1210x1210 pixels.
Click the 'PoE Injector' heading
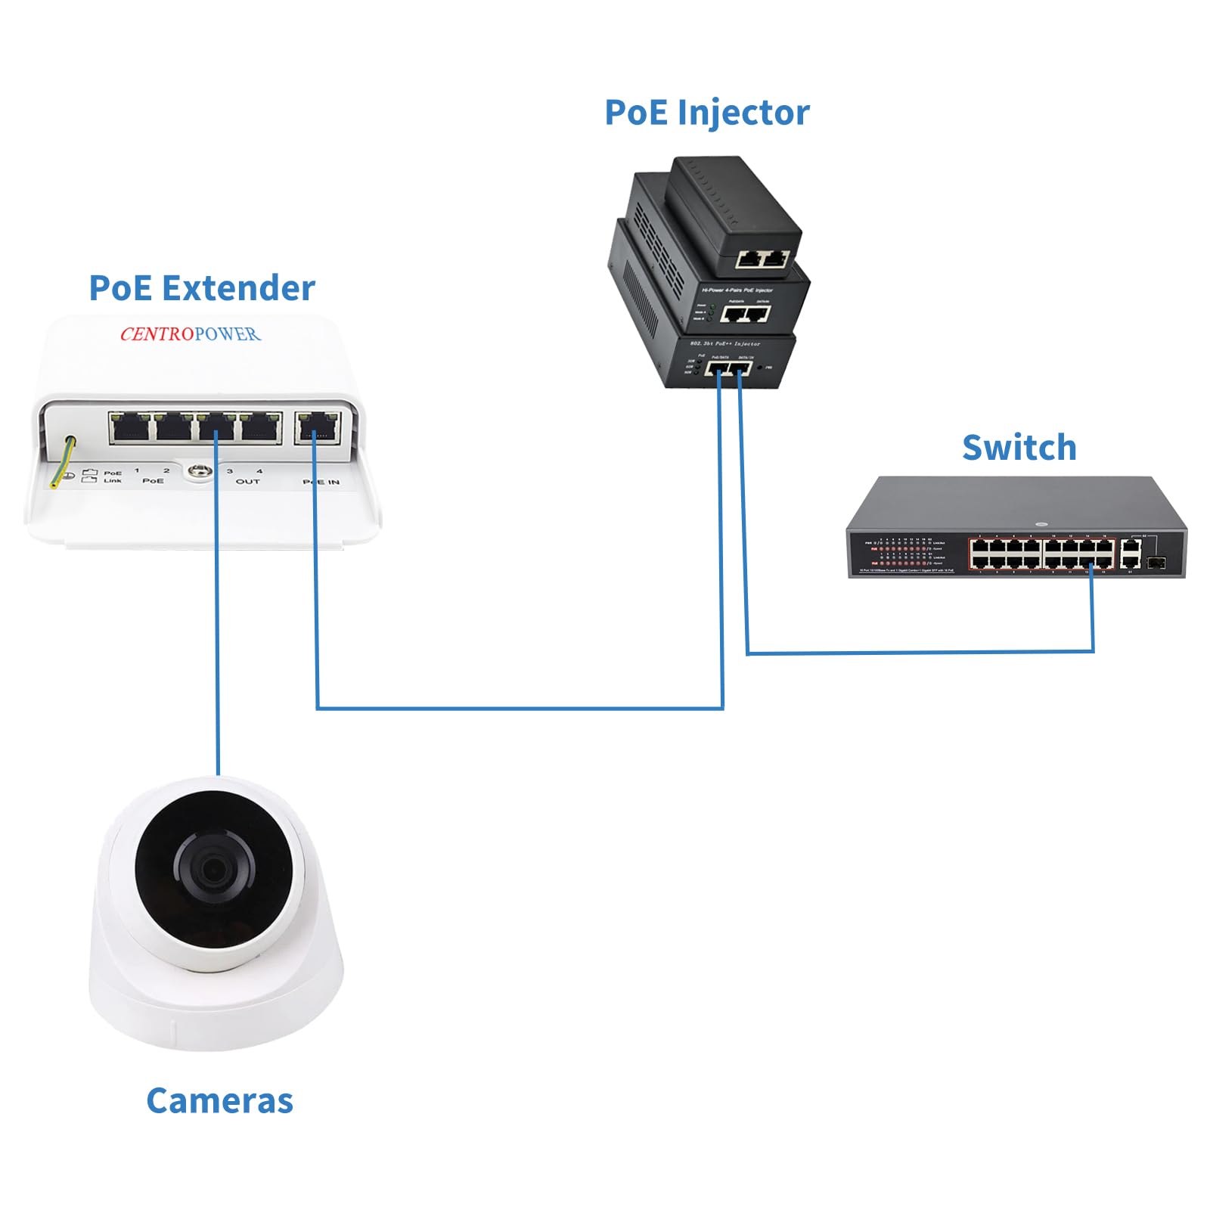tap(706, 113)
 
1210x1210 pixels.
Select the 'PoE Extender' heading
tap(201, 289)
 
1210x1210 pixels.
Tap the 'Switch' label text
tap(1019, 448)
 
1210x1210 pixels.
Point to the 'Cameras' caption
tap(219, 1101)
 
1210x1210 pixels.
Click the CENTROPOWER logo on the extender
tap(190, 334)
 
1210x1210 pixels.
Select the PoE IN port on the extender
tap(317, 427)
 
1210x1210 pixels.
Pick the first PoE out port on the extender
tap(129, 427)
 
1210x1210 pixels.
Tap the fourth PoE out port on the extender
tap(261, 427)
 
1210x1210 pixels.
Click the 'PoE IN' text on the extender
tap(321, 482)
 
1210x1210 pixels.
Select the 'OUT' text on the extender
tap(247, 481)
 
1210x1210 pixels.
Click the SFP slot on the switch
tap(1156, 563)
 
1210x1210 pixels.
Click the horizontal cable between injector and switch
tap(919, 652)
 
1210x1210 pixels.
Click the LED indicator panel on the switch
tap(907, 553)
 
